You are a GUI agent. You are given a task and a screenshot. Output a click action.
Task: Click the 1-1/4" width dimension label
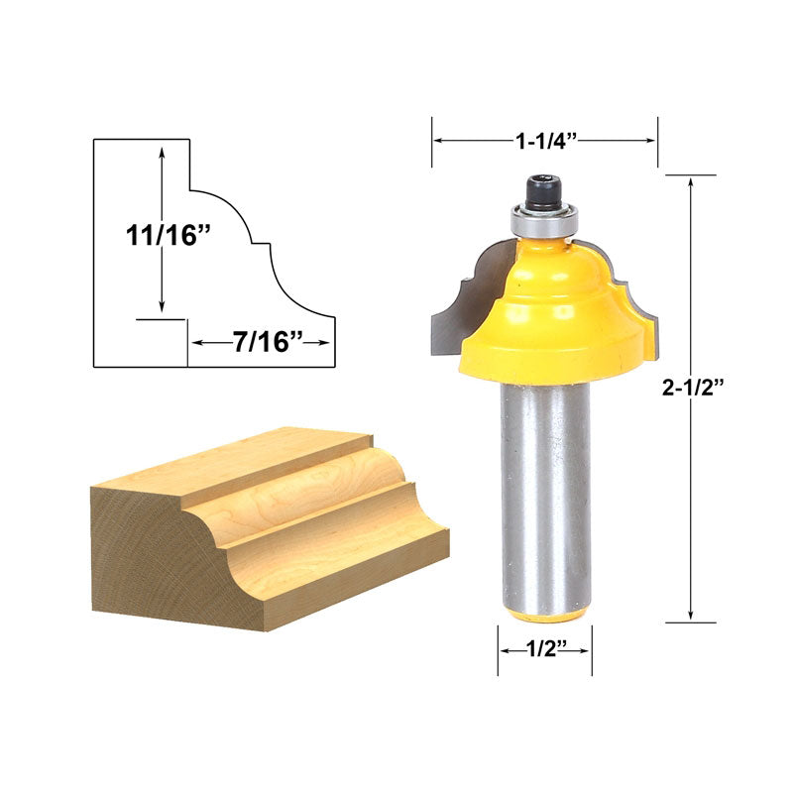(546, 141)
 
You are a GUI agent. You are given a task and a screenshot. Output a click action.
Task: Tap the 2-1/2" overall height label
(693, 388)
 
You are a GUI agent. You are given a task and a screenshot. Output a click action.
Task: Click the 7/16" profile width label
(268, 342)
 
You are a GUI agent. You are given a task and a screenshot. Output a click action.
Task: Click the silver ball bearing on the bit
(542, 220)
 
